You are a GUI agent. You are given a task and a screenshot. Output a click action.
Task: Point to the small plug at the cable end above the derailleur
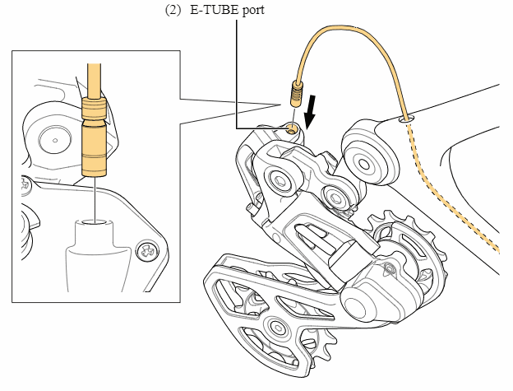coord(294,88)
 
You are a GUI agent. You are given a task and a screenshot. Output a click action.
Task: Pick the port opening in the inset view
coord(95,221)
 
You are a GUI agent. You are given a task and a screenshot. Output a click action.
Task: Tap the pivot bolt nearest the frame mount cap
coord(335,196)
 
